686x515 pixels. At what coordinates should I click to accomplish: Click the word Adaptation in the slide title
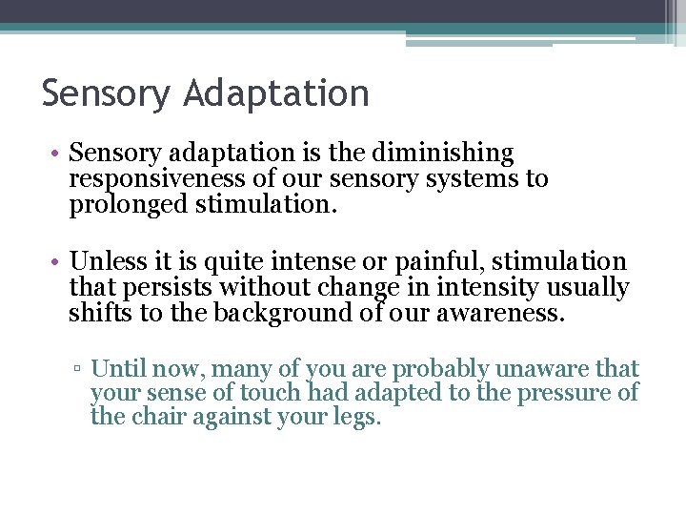tap(277, 93)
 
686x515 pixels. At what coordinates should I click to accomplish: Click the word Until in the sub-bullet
tap(117, 368)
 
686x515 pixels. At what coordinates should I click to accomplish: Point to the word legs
tap(355, 418)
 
